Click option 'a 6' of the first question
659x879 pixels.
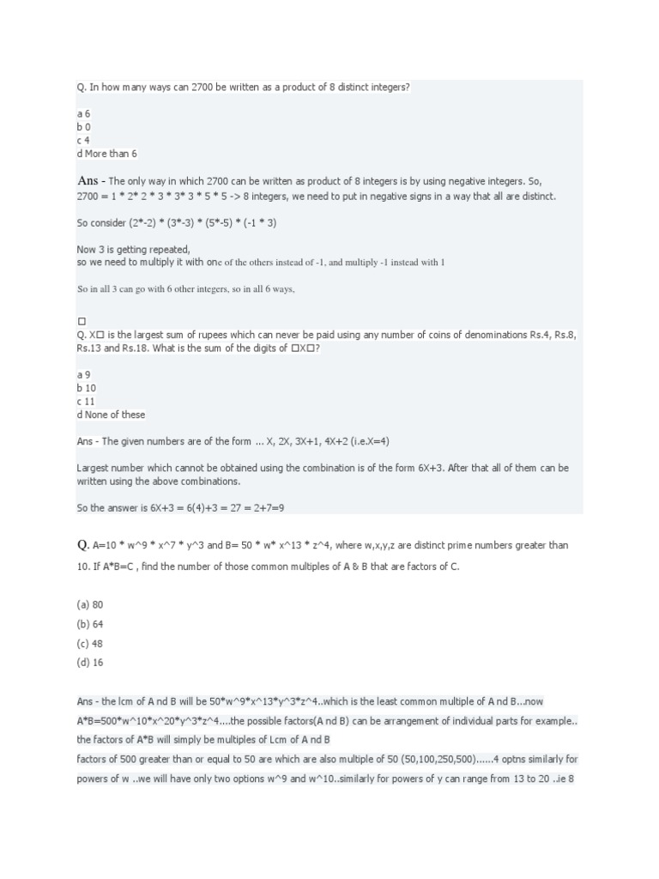point(83,112)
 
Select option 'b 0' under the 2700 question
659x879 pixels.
point(83,126)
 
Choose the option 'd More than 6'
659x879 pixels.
point(107,154)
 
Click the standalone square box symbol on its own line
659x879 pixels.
point(82,320)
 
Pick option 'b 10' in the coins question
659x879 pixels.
point(86,387)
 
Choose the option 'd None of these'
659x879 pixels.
point(111,415)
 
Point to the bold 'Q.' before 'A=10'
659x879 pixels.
point(83,545)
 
